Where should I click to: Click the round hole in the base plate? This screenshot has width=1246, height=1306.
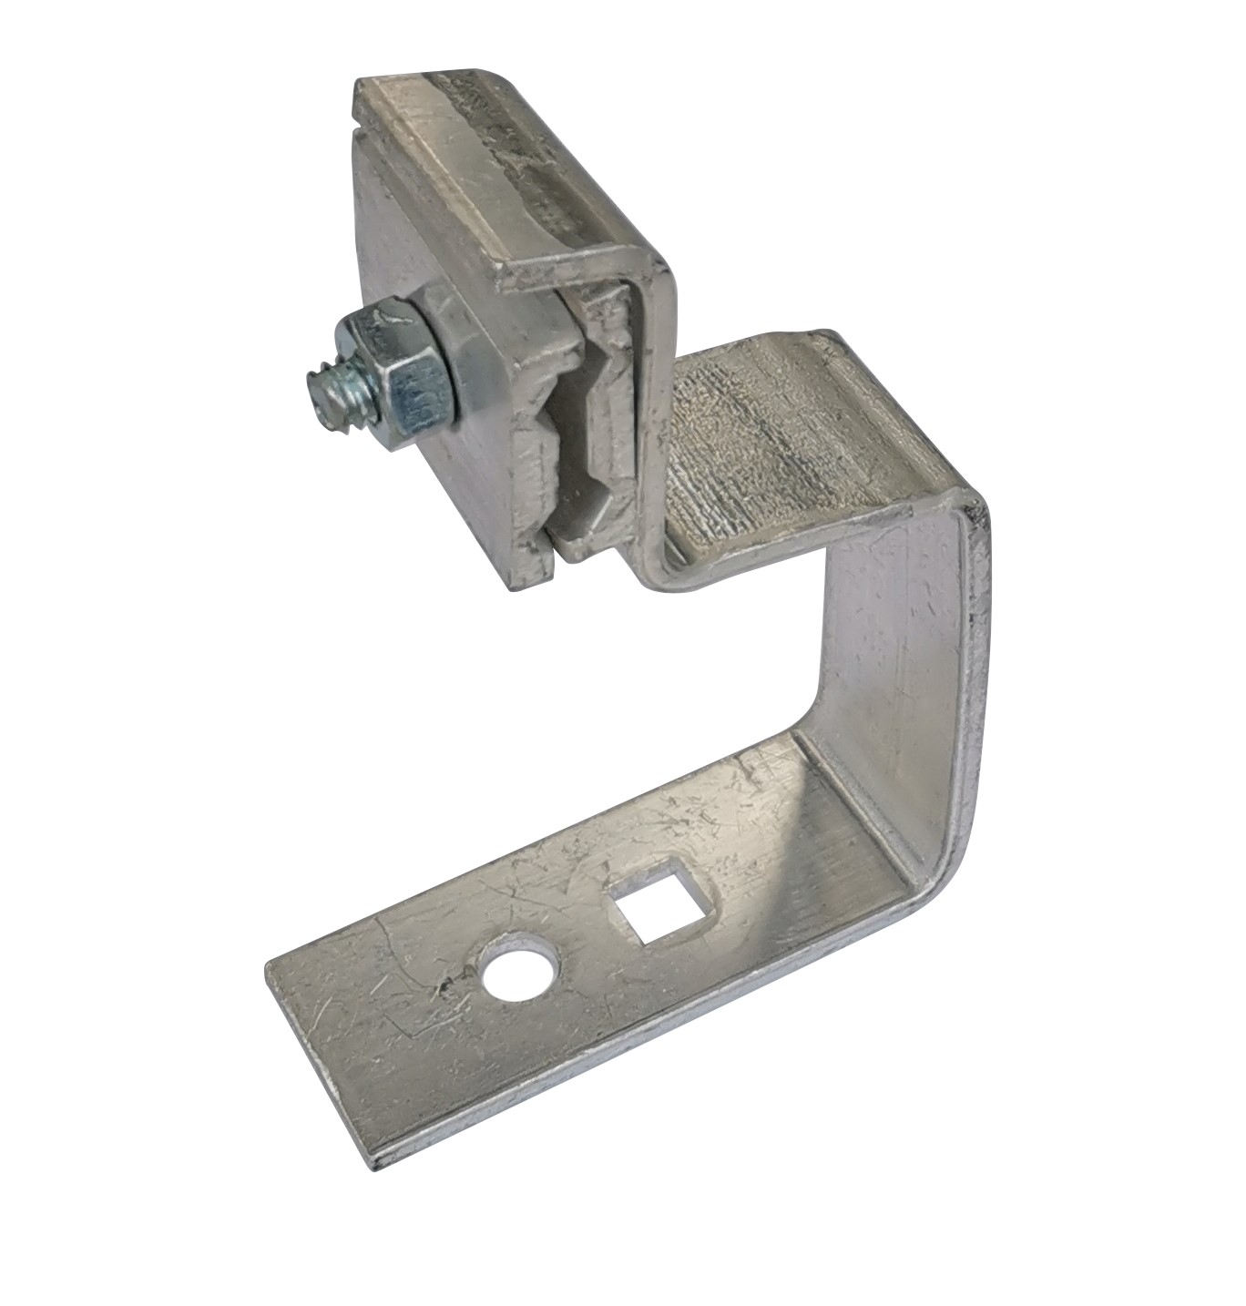coord(521,975)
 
